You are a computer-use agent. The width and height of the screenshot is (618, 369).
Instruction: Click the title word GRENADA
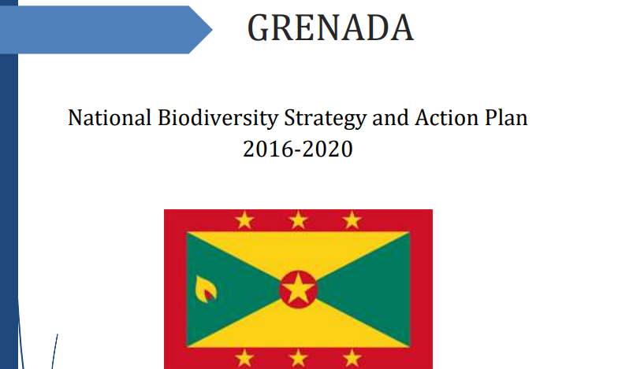point(330,28)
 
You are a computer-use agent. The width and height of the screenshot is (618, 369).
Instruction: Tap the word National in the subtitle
point(110,118)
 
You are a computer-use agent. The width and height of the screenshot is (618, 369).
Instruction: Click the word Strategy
point(326,118)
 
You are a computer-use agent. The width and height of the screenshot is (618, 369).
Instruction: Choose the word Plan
point(506,118)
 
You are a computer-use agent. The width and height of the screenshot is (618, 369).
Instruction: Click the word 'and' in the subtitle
point(391,118)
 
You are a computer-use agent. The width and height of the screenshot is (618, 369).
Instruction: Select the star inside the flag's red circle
point(298,290)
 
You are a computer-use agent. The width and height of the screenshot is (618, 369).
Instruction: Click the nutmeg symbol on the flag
point(206,290)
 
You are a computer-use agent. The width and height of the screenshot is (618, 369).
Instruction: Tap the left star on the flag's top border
point(244,220)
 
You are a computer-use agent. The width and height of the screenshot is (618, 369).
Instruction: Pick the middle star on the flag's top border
point(298,220)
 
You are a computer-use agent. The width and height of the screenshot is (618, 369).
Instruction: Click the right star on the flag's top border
point(352,220)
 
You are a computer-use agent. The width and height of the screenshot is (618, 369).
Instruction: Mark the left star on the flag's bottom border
point(244,359)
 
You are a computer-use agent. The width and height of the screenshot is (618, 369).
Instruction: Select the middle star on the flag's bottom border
point(298,359)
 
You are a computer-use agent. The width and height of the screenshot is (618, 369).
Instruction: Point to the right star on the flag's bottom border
point(352,359)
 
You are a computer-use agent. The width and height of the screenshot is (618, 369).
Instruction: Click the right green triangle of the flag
point(374,290)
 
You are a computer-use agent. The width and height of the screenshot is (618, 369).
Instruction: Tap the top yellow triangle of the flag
point(298,248)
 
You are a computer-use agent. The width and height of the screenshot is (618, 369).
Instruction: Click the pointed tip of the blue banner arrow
point(213,30)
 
